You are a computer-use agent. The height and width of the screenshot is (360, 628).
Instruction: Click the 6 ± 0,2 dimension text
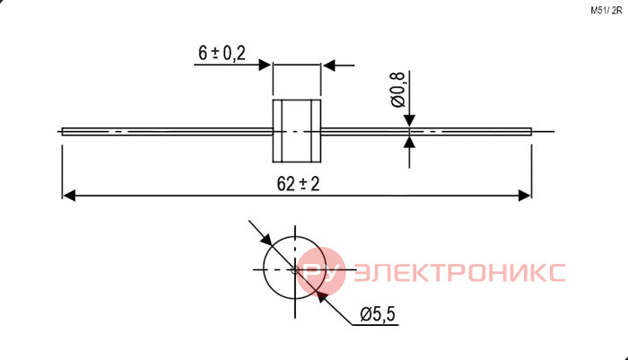222,53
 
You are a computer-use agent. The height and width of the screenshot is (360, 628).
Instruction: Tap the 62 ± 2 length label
299,184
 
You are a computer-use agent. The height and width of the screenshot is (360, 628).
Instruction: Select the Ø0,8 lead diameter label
397,89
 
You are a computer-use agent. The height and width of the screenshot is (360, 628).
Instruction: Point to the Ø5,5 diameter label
378,314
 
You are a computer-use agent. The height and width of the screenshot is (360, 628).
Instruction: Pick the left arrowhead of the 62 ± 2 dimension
69,196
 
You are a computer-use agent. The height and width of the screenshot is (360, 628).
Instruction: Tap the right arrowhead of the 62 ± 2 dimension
525,196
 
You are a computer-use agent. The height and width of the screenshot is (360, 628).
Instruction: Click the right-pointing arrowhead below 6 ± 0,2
266,65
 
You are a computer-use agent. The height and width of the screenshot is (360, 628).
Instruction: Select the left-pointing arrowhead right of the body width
328,65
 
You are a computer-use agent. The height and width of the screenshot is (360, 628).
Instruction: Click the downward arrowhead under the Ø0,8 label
409,120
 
